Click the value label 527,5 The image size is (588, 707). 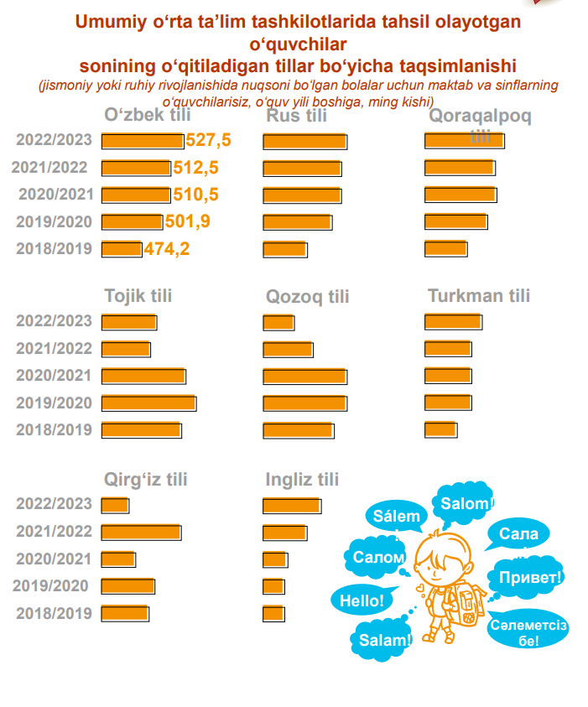(x=209, y=140)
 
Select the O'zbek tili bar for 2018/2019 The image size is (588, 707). (x=122, y=248)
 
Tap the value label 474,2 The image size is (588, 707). (x=167, y=249)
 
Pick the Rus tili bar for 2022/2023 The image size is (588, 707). (x=304, y=141)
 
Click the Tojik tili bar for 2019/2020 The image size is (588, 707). (x=148, y=403)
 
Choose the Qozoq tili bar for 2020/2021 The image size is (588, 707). (x=304, y=376)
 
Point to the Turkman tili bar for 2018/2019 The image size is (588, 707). (x=440, y=429)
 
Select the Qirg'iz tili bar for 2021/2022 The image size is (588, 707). (x=141, y=532)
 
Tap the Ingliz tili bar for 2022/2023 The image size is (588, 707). (x=291, y=505)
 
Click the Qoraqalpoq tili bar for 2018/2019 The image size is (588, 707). (x=445, y=248)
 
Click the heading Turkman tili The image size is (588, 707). (x=479, y=296)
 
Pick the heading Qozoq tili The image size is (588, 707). (x=308, y=297)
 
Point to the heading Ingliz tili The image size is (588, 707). (x=302, y=480)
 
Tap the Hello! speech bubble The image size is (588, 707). (x=362, y=600)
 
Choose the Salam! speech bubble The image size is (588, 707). (x=386, y=640)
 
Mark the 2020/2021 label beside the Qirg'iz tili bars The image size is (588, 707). (x=54, y=559)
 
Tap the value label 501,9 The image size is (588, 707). (x=187, y=221)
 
